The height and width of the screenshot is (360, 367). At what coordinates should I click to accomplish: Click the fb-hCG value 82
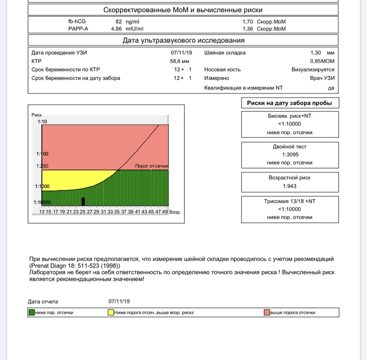click(x=119, y=22)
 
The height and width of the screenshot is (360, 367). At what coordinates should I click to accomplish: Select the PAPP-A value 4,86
click(x=116, y=29)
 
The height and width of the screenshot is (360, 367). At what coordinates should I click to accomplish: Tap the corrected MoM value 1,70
click(x=247, y=22)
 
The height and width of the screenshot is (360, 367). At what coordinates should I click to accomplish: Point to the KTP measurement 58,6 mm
click(x=180, y=61)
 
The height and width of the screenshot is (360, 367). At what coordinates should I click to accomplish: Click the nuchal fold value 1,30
click(x=315, y=53)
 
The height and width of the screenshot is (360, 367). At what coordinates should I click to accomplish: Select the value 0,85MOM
click(x=322, y=61)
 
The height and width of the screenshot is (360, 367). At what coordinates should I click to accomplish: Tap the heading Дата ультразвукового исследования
click(x=183, y=40)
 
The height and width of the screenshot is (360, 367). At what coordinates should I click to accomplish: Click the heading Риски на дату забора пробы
click(x=290, y=103)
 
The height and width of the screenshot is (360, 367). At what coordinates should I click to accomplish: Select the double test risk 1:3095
click(x=290, y=155)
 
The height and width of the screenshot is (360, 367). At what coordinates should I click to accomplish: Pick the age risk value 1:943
click(x=290, y=186)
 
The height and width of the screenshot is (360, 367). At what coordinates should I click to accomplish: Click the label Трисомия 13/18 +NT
click(x=290, y=201)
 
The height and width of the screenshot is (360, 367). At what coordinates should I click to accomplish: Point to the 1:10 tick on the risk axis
click(x=42, y=122)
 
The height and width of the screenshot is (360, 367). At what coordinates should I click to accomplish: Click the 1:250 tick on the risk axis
click(x=42, y=166)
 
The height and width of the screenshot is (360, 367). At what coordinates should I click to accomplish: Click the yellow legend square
click(x=111, y=312)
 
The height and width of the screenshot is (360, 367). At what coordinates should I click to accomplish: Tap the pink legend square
click(x=267, y=312)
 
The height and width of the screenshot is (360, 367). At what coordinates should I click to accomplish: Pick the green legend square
click(x=32, y=312)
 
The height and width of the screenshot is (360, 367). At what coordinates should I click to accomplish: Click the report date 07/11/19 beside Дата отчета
click(x=119, y=301)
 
